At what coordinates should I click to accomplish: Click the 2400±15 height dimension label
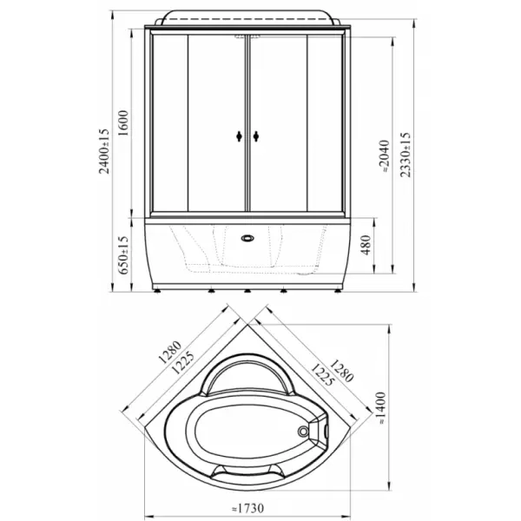(x=104, y=151)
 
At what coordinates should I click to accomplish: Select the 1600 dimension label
(x=123, y=123)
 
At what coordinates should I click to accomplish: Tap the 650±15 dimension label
(x=123, y=255)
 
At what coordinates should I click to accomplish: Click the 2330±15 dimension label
(x=405, y=155)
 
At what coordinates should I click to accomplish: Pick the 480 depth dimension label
(x=366, y=245)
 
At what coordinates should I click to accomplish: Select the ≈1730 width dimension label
(x=247, y=508)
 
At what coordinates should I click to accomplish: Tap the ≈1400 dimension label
(x=381, y=408)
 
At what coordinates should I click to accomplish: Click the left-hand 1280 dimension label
(x=170, y=353)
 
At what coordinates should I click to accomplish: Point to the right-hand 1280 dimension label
(x=341, y=371)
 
